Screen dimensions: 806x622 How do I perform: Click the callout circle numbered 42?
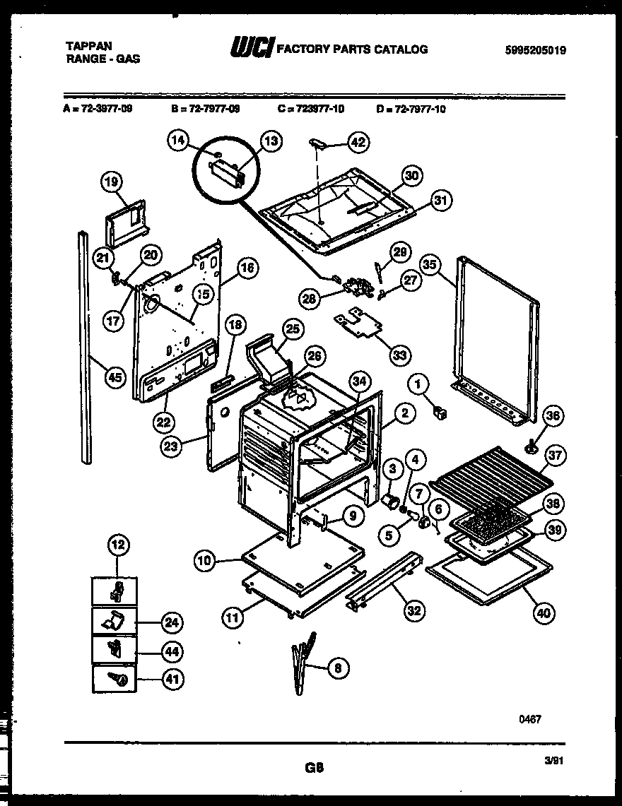tap(359, 142)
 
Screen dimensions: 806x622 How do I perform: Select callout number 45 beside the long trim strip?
tap(114, 377)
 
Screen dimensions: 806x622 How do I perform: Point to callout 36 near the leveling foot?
tap(553, 417)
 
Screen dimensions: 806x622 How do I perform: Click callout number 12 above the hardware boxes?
tap(117, 545)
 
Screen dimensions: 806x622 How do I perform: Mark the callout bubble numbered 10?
tap(205, 561)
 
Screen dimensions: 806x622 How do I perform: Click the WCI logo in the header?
tap(252, 48)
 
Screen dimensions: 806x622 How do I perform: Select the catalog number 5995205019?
tap(536, 50)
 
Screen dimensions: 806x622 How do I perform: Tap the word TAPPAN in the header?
tap(88, 46)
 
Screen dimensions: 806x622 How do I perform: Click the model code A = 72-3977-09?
tap(98, 109)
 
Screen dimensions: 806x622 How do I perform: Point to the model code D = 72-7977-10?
tap(411, 109)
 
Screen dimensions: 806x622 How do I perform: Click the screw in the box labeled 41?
tap(117, 680)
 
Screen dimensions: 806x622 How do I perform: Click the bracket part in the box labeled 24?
tap(115, 621)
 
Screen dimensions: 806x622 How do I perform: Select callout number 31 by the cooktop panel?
tap(440, 201)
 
